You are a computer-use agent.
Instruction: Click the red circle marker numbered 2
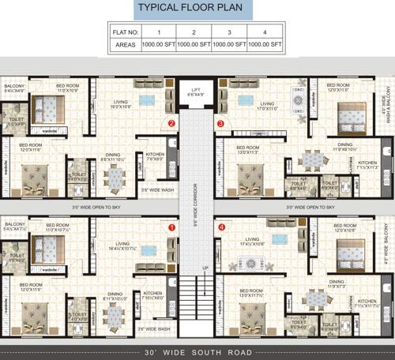pyautogui.click(x=171, y=123)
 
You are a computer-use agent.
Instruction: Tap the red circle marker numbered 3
pyautogui.click(x=220, y=123)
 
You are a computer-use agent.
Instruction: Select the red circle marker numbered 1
pyautogui.click(x=171, y=228)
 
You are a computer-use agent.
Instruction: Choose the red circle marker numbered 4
pyautogui.click(x=221, y=228)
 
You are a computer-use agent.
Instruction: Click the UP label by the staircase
pyautogui.click(x=207, y=268)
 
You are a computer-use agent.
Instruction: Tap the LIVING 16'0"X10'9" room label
pyautogui.click(x=122, y=103)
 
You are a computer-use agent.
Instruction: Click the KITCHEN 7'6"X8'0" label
pyautogui.click(x=155, y=156)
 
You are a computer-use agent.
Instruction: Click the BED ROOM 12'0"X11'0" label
pyautogui.click(x=338, y=87)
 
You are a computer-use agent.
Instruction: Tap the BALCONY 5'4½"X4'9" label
pyautogui.click(x=15, y=88)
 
